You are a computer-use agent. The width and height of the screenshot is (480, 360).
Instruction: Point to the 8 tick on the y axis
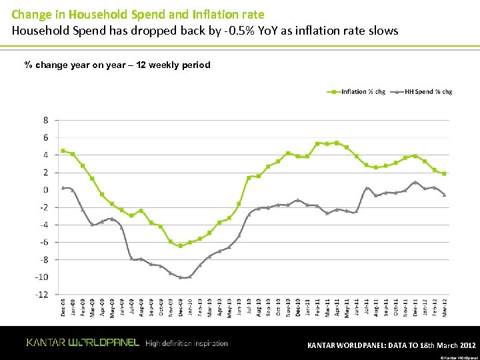coord(45,120)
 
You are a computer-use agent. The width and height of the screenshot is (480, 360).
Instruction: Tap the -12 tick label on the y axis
coord(42,294)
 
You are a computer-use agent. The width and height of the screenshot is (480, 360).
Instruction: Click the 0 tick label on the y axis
coord(45,190)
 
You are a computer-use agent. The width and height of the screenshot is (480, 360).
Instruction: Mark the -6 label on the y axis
coord(43,242)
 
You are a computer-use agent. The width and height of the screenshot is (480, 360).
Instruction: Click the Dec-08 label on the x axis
coord(63,308)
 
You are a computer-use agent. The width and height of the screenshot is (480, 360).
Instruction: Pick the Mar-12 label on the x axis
coord(444,308)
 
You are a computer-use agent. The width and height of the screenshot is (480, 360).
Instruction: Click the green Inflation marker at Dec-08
coord(63,151)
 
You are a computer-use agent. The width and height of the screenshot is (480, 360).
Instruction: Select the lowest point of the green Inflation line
coord(180,246)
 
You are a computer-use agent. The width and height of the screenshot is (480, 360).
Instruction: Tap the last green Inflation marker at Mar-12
coord(444,173)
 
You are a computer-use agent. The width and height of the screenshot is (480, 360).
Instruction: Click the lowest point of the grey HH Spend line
coord(181,277)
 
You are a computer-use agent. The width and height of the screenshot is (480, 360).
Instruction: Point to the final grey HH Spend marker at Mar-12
coord(444,195)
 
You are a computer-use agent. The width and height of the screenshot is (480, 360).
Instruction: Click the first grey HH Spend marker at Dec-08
coord(63,187)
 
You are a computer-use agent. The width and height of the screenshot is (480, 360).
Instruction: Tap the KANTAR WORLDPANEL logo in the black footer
coord(83,343)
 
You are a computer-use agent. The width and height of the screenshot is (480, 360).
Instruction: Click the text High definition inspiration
coord(187,343)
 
